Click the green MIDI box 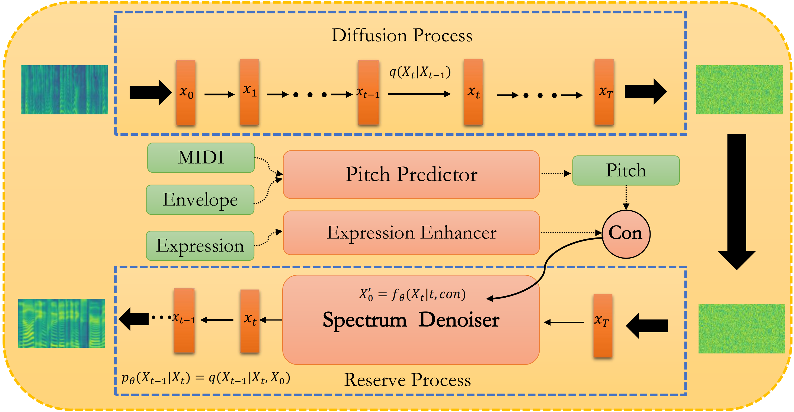[x=201, y=157]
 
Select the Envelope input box [x=200, y=200]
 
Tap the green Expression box [x=200, y=246]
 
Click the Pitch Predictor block [x=411, y=174]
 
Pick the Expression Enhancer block [x=411, y=233]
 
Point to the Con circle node [x=626, y=234]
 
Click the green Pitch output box [x=626, y=170]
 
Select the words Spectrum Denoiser [x=411, y=320]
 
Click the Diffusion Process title [x=402, y=35]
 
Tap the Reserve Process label [x=408, y=380]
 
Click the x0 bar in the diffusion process [x=186, y=92]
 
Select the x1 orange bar [x=249, y=92]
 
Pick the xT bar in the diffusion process [x=604, y=92]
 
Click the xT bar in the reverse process [x=603, y=326]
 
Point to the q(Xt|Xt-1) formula [x=420, y=72]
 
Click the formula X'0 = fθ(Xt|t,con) [x=412, y=295]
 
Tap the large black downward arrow [x=737, y=202]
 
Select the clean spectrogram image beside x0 [x=65, y=90]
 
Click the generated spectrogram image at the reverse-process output [x=62, y=323]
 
